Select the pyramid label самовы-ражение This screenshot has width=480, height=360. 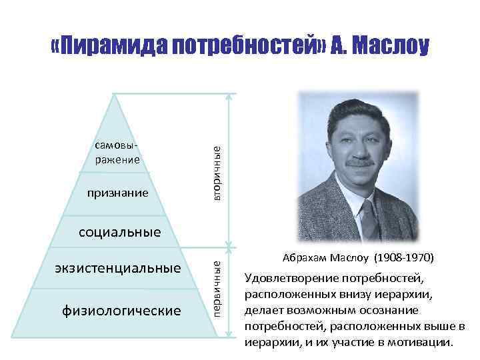[x=117, y=153]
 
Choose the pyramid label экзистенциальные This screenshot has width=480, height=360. [x=117, y=269]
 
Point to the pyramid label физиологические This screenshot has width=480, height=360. [x=121, y=311]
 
